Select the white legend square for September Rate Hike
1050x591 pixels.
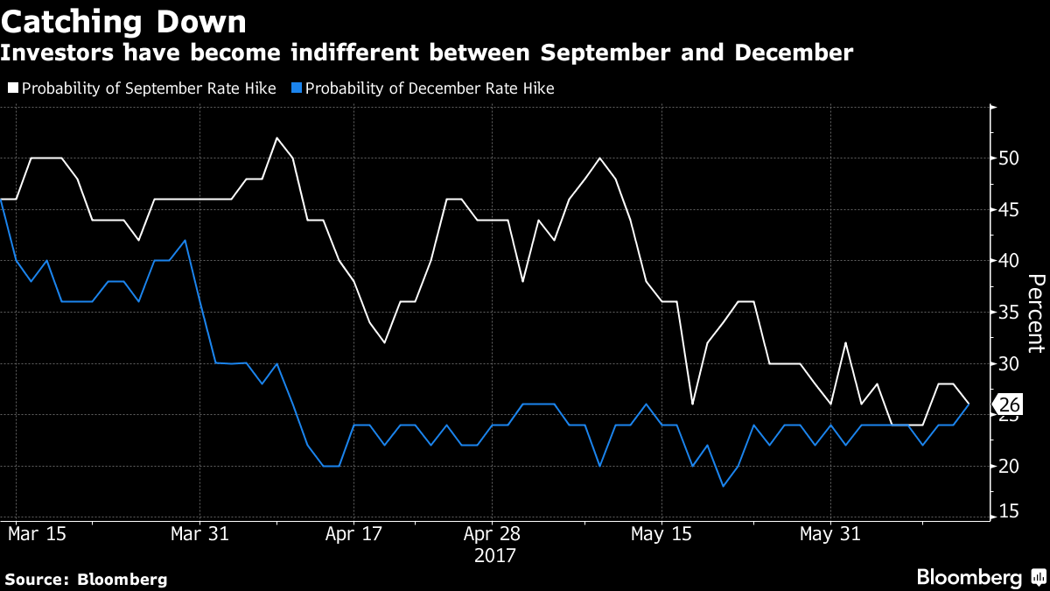point(12,88)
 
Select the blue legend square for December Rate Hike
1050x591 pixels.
point(296,88)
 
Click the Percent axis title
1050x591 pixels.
point(1035,313)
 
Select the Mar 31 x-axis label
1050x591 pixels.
point(200,533)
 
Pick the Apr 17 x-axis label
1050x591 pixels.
point(353,533)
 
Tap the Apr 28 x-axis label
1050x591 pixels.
point(492,533)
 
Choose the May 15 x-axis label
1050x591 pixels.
point(661,533)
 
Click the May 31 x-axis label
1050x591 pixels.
point(830,533)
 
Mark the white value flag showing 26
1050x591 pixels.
point(1007,405)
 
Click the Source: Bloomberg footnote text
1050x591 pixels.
point(86,579)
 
